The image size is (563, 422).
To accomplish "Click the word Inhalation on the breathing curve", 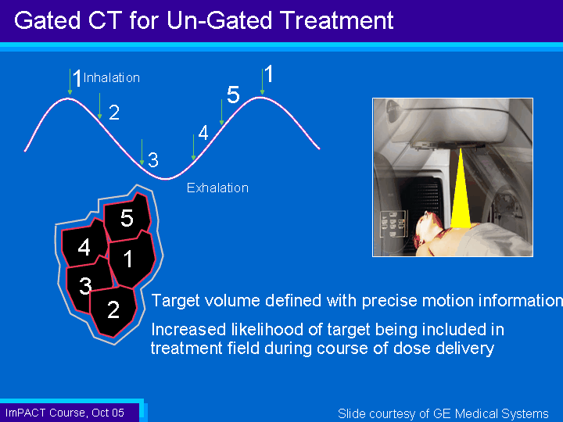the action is [111, 77].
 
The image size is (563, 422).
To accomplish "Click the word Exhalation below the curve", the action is [217, 188].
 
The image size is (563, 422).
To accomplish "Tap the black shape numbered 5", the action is [127, 217].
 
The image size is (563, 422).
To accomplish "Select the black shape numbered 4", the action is [84, 244].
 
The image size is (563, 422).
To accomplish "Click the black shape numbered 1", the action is [131, 259].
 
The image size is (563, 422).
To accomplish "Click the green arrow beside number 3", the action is [142, 152].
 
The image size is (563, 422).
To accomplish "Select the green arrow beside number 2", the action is [100, 106].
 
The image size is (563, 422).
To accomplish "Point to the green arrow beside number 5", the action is [221, 113].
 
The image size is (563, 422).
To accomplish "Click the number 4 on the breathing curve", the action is [203, 133].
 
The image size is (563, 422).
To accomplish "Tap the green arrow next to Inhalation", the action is [70, 82].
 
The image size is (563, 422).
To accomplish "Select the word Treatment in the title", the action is [338, 20].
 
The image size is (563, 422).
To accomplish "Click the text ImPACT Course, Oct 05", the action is [65, 413].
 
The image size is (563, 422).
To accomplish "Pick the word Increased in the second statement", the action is [188, 330].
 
